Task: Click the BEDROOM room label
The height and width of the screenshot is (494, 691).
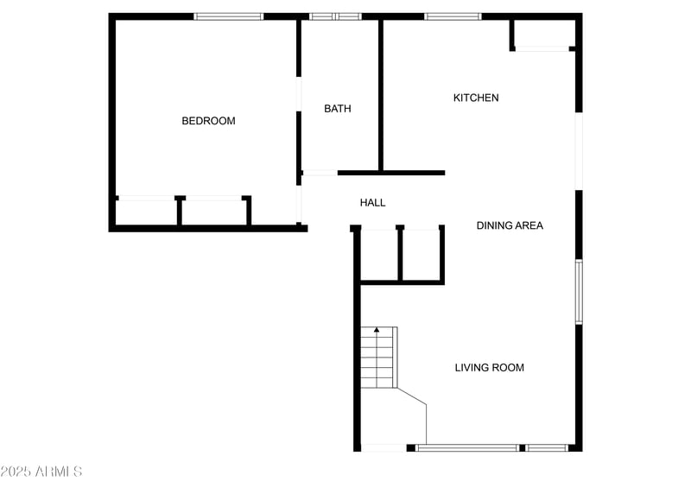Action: [208, 121]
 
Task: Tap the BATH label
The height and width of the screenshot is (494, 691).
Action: [338, 109]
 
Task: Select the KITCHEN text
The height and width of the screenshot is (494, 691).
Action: [476, 98]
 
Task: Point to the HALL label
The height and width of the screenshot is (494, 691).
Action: [373, 203]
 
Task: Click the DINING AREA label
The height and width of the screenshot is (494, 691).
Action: [510, 225]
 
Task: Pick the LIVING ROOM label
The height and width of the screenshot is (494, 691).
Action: [490, 368]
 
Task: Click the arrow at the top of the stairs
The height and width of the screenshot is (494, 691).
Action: [377, 330]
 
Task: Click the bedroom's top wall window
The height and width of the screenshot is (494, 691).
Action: [229, 16]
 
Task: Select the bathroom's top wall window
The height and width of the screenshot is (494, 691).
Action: [335, 16]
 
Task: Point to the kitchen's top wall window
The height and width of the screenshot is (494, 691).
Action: [453, 16]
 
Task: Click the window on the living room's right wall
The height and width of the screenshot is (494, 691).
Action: [579, 292]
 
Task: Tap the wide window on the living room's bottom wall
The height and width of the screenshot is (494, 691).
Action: [468, 447]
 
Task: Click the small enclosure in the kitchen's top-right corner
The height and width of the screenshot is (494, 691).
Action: [542, 34]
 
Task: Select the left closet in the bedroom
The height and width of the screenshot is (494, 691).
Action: [147, 212]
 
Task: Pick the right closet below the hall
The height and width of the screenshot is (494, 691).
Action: [422, 255]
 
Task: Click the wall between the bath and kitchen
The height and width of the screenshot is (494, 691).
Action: [381, 95]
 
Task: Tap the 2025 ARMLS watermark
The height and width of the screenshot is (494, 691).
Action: [41, 472]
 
